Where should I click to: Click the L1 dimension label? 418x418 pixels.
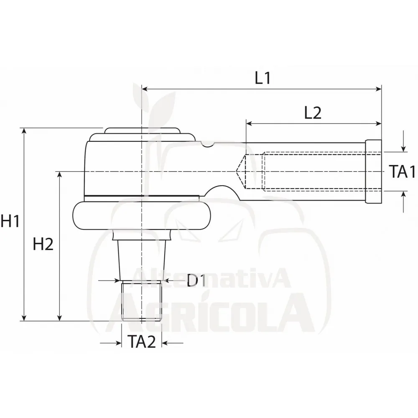pyautogui.click(x=263, y=78)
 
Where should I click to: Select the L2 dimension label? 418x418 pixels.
pyautogui.click(x=313, y=113)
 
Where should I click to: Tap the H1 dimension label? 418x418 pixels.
pyautogui.click(x=10, y=221)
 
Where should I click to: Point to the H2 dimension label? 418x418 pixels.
pyautogui.click(x=43, y=244)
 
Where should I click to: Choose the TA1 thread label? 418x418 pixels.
pyautogui.click(x=402, y=171)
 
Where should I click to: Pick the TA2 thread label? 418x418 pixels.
pyautogui.click(x=142, y=342)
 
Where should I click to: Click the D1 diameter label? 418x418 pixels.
pyautogui.click(x=196, y=280)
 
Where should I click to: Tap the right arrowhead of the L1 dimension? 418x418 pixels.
pyautogui.click(x=379, y=89)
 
